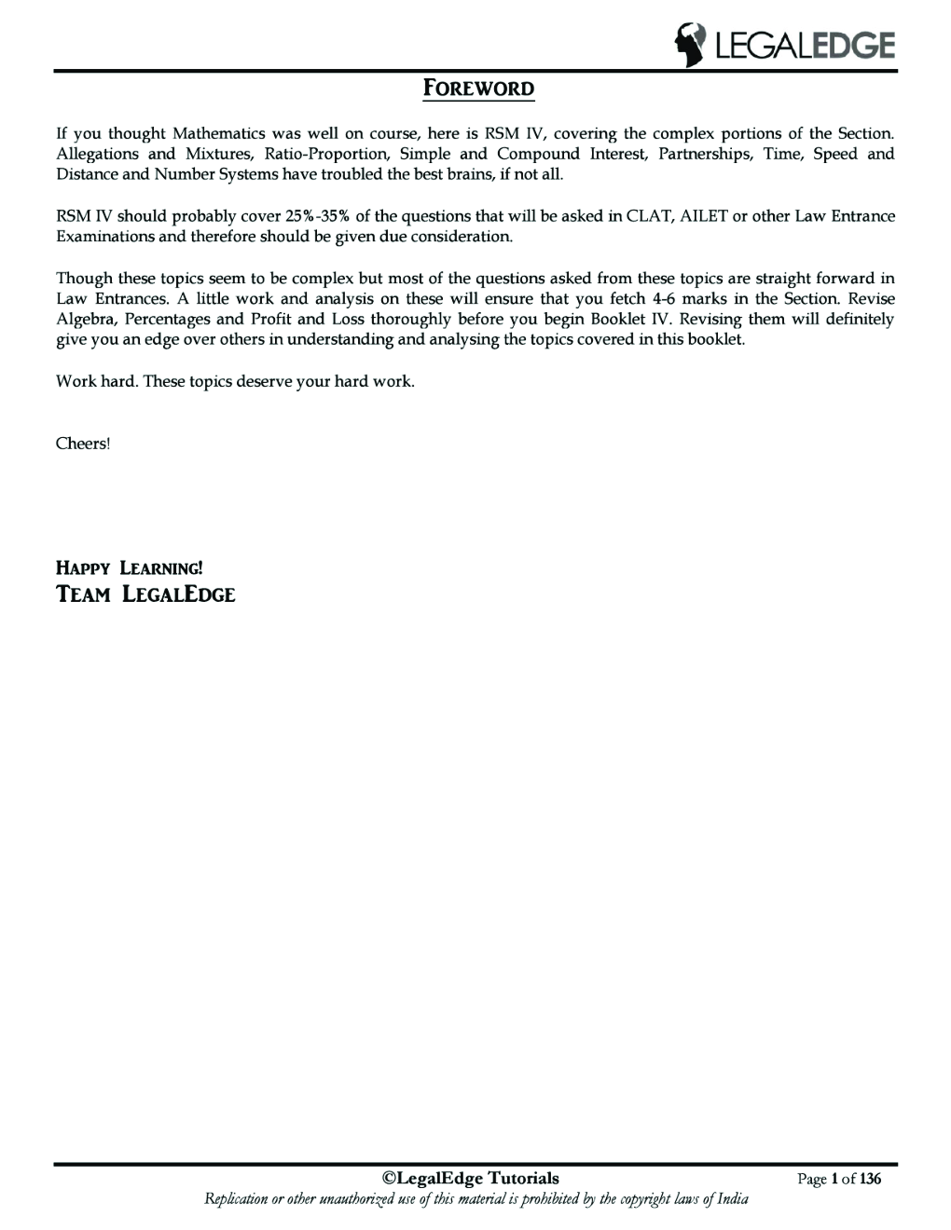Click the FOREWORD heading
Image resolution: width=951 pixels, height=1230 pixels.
479,89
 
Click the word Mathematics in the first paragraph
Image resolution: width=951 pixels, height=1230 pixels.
219,133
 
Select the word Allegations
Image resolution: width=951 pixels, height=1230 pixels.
97,154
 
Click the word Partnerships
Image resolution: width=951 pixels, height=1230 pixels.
706,154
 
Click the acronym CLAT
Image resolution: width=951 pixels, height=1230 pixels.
649,216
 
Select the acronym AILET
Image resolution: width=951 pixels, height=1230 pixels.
705,216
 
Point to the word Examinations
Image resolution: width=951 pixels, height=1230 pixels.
105,237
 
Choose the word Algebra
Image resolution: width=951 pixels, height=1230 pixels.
83,319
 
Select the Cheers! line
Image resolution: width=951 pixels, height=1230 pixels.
83,444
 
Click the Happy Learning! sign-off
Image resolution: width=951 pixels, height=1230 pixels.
129,567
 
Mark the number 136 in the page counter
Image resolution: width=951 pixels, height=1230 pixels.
870,1180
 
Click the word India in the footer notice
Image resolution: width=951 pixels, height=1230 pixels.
733,1199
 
